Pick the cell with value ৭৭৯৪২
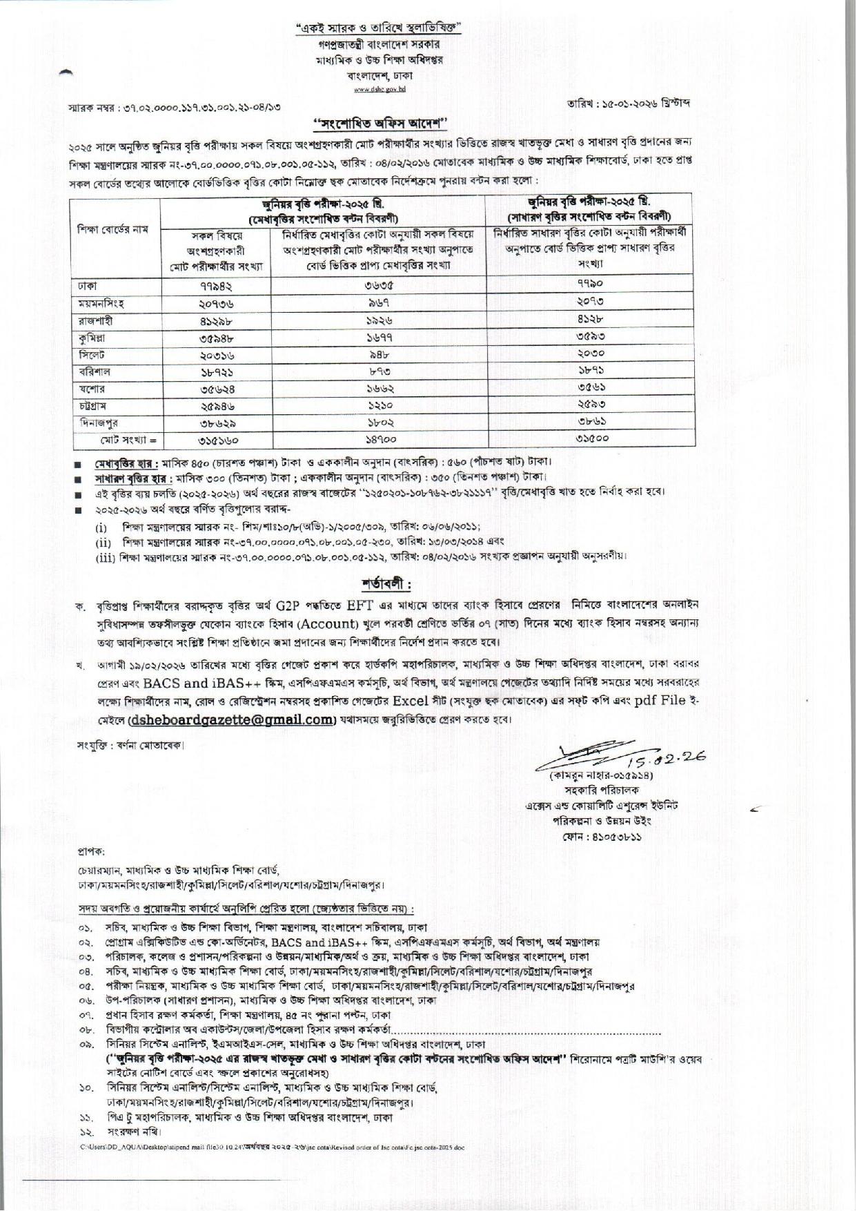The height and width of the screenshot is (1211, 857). coord(215,285)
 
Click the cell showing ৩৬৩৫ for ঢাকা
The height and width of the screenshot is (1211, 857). coord(379,285)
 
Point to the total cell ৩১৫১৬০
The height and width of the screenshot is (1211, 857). coord(215,439)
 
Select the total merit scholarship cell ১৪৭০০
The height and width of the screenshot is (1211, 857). coord(379,439)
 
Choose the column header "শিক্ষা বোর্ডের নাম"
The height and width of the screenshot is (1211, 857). coord(114,230)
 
